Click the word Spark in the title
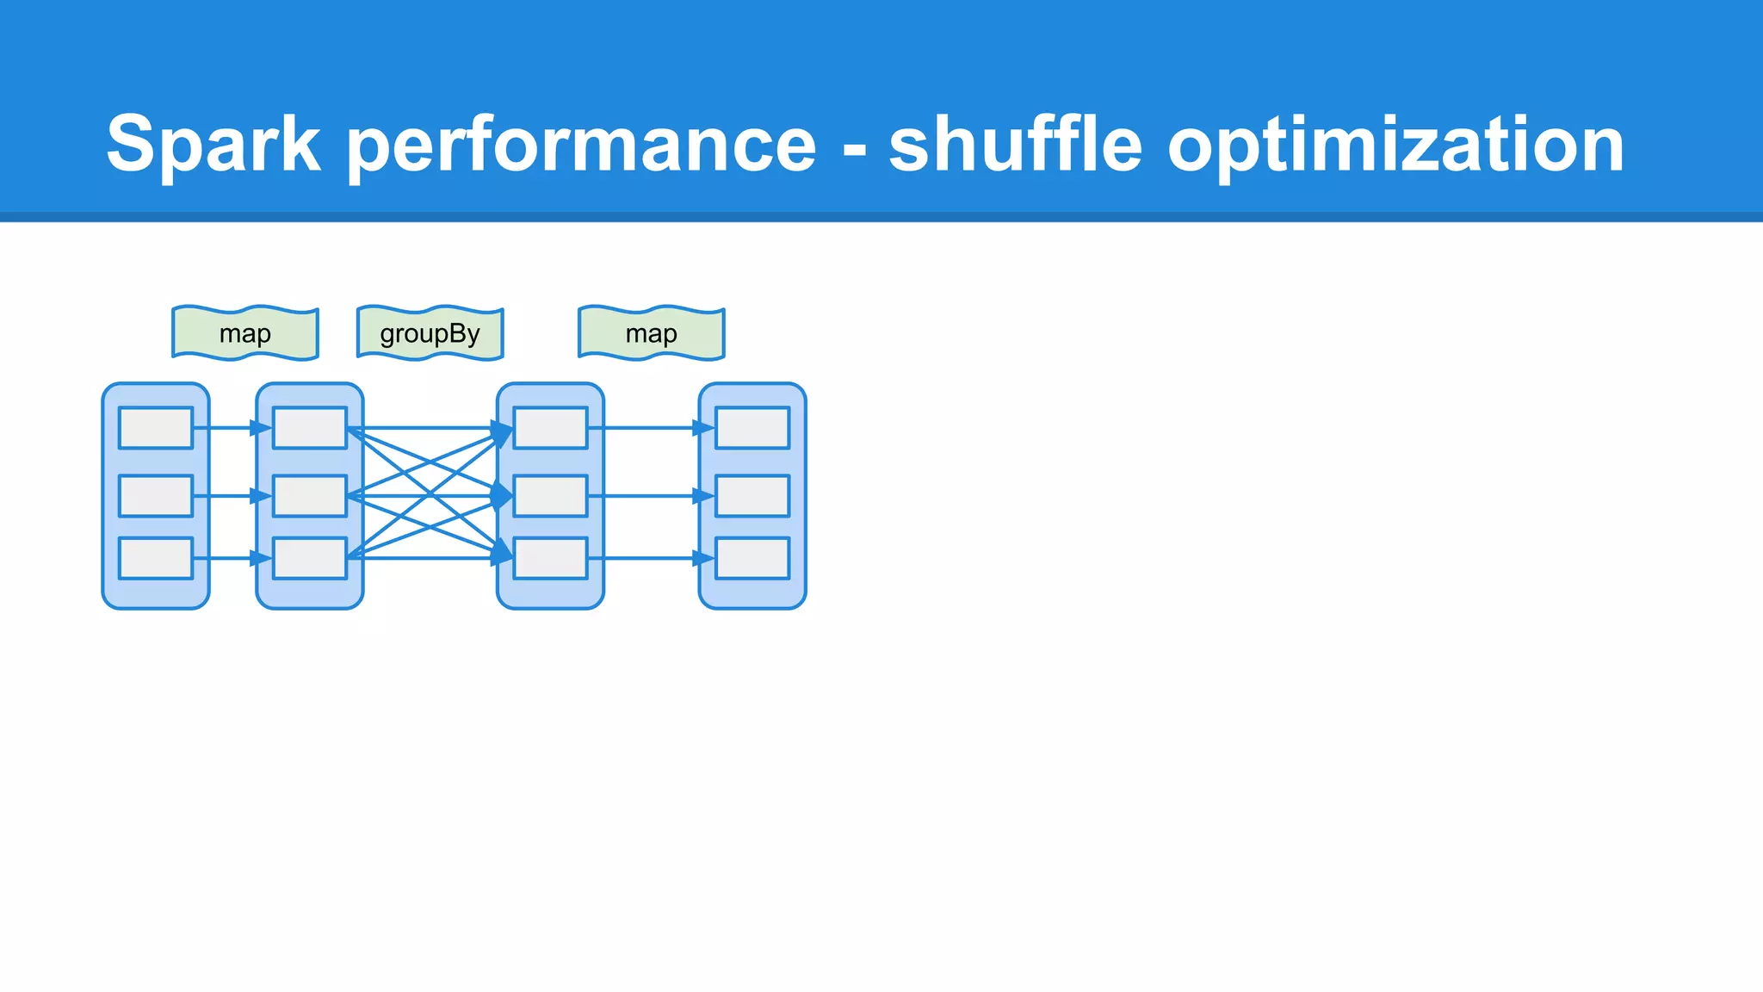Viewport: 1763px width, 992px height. pyautogui.click(x=213, y=145)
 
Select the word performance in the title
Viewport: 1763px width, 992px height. pyautogui.click(x=582, y=145)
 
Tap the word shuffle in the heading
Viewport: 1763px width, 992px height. pyautogui.click(x=1015, y=145)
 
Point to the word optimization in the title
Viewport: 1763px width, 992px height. pyautogui.click(x=1395, y=145)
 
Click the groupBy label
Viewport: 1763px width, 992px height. pyautogui.click(x=430, y=333)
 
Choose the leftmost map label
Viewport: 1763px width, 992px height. pyautogui.click(x=245, y=333)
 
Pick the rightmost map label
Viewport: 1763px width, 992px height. pyautogui.click(x=652, y=333)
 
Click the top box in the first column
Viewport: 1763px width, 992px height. pyautogui.click(x=156, y=428)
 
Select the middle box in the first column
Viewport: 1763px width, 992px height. pyautogui.click(x=156, y=496)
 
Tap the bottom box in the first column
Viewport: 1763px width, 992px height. pyautogui.click(x=156, y=558)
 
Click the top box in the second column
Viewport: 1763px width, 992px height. pyautogui.click(x=310, y=428)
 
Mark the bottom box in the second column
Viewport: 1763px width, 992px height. pyautogui.click(x=310, y=558)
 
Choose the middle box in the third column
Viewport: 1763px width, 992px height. pyautogui.click(x=551, y=496)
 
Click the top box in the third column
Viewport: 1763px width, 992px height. pyautogui.click(x=551, y=428)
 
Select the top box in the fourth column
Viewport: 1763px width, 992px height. pyautogui.click(x=752, y=428)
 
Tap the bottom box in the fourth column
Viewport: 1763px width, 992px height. pyautogui.click(x=752, y=558)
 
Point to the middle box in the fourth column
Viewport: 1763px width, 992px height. pyautogui.click(x=752, y=496)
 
